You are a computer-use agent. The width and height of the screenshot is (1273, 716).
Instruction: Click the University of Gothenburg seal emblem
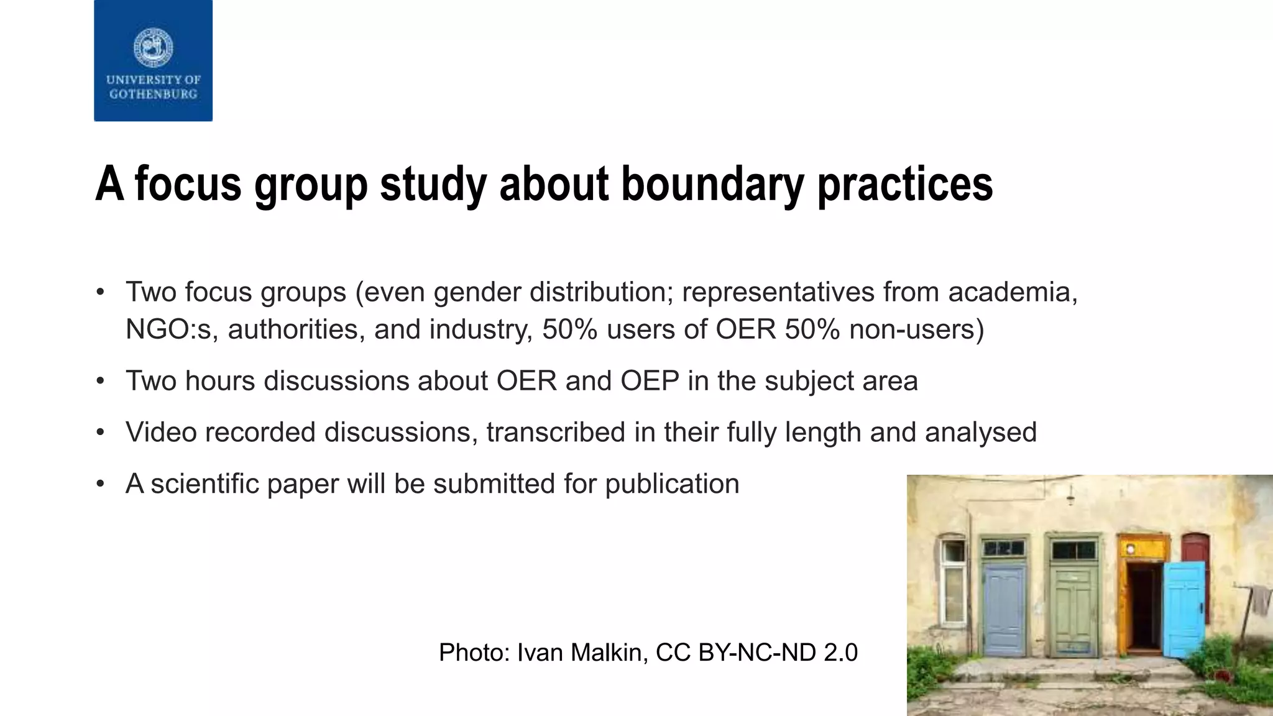[153, 48]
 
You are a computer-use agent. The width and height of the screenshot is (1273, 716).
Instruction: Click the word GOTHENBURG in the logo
[153, 94]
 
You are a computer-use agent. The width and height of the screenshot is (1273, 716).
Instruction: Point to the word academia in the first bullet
[1012, 292]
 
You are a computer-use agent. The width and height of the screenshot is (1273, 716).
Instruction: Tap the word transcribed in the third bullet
[556, 433]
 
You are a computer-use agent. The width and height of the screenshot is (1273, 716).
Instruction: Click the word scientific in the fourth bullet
[205, 484]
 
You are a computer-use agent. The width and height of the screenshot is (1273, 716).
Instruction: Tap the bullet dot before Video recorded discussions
[101, 433]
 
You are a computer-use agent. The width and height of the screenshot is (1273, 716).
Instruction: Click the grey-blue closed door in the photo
[1003, 609]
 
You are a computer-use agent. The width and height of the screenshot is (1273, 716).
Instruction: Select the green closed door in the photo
[1073, 609]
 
